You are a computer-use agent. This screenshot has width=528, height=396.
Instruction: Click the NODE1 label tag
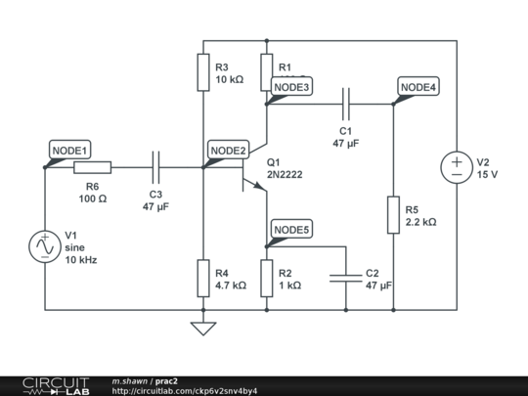pos(69,150)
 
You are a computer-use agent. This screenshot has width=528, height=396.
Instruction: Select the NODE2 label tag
pos(229,150)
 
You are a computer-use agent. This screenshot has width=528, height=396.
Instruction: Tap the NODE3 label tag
pos(291,87)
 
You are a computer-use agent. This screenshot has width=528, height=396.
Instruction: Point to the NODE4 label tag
pos(418,87)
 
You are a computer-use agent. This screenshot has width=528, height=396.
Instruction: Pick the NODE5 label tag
pos(291,230)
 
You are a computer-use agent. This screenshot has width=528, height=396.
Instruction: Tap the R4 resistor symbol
pos(202,278)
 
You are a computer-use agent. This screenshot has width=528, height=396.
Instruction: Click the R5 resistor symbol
pos(393,214)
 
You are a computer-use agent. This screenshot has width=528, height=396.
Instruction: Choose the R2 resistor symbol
pos(266,278)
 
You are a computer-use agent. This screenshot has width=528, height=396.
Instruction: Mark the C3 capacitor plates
pos(155,167)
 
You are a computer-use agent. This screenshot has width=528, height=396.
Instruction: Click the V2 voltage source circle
pos(457,167)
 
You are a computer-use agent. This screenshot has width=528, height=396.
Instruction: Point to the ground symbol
pos(202,328)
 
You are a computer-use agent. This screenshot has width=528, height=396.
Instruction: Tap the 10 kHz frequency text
pos(81,261)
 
